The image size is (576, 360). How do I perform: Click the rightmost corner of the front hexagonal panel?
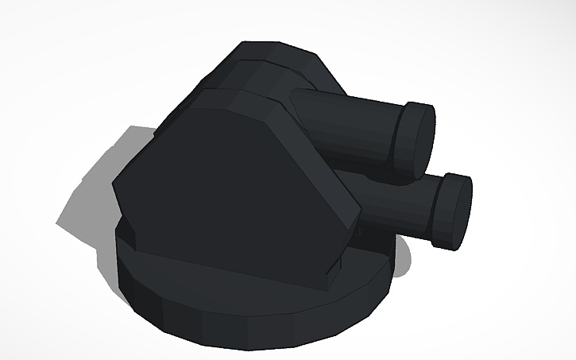[360, 211]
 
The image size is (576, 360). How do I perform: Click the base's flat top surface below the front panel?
[199, 270]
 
